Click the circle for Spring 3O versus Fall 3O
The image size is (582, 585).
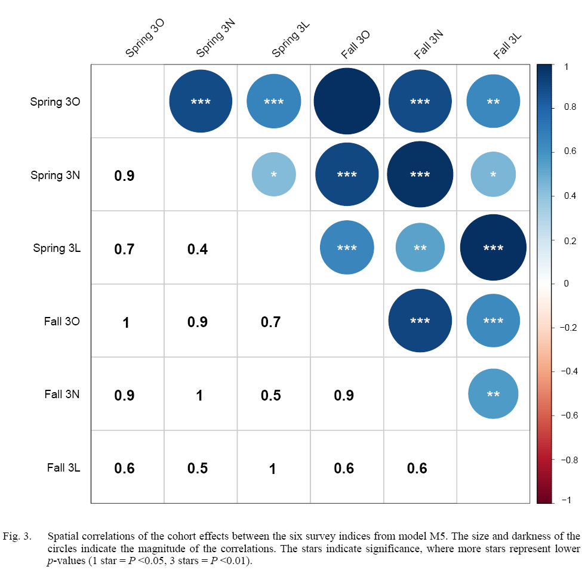click(x=347, y=101)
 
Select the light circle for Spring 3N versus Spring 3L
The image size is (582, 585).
click(x=273, y=174)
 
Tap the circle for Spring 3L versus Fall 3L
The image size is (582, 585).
click(x=493, y=248)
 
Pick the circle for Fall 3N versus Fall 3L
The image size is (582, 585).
click(x=493, y=394)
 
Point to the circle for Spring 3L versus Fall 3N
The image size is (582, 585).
click(x=420, y=248)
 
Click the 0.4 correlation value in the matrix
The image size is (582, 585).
click(x=198, y=248)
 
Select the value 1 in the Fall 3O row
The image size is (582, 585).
click(x=126, y=322)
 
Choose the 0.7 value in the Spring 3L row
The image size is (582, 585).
click(x=125, y=248)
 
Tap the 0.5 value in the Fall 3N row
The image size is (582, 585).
click(x=270, y=395)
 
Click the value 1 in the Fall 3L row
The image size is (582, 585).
click(x=272, y=469)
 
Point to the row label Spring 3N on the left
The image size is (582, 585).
click(x=56, y=176)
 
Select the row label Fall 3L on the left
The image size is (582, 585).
click(x=63, y=467)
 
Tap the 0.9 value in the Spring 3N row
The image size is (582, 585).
click(x=125, y=176)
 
